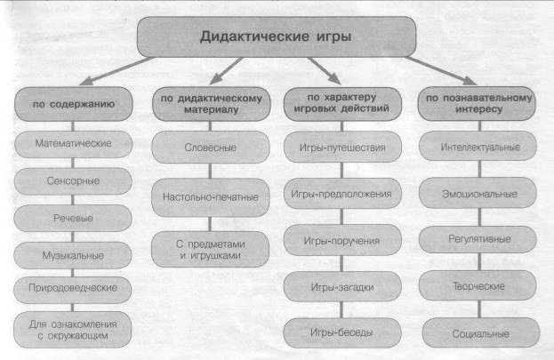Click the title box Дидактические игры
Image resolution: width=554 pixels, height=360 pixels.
point(277,38)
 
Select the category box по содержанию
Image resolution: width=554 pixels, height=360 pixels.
point(72,105)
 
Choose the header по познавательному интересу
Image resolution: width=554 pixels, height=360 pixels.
point(477,105)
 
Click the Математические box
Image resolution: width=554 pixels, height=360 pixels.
point(73,143)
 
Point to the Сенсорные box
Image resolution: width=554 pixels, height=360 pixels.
point(73,180)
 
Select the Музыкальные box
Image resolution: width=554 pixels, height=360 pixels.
point(73,255)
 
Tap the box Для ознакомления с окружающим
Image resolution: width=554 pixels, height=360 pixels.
point(73,330)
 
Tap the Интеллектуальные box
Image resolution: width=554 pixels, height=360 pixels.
point(477,147)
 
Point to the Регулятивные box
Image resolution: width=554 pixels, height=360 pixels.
point(477,239)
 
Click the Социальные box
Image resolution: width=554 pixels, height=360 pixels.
point(477,333)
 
